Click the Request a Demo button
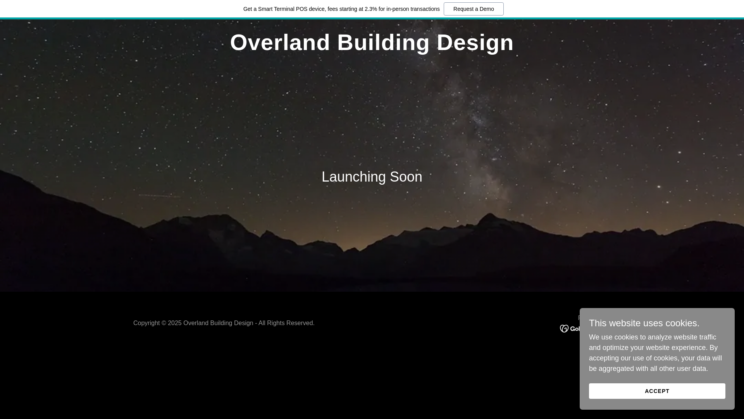[x=474, y=9]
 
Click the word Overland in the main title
[x=280, y=42]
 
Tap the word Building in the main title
[x=383, y=42]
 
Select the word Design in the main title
[x=475, y=42]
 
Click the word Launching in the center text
[x=354, y=177]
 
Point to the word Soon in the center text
[x=406, y=177]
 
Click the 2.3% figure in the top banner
[x=371, y=9]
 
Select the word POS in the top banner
[x=301, y=9]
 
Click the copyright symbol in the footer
[x=164, y=323]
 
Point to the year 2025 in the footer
[x=175, y=323]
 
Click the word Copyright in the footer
[x=146, y=323]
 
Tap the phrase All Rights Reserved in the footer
[x=286, y=323]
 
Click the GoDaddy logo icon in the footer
[x=564, y=329]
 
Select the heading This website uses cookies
[x=644, y=323]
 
